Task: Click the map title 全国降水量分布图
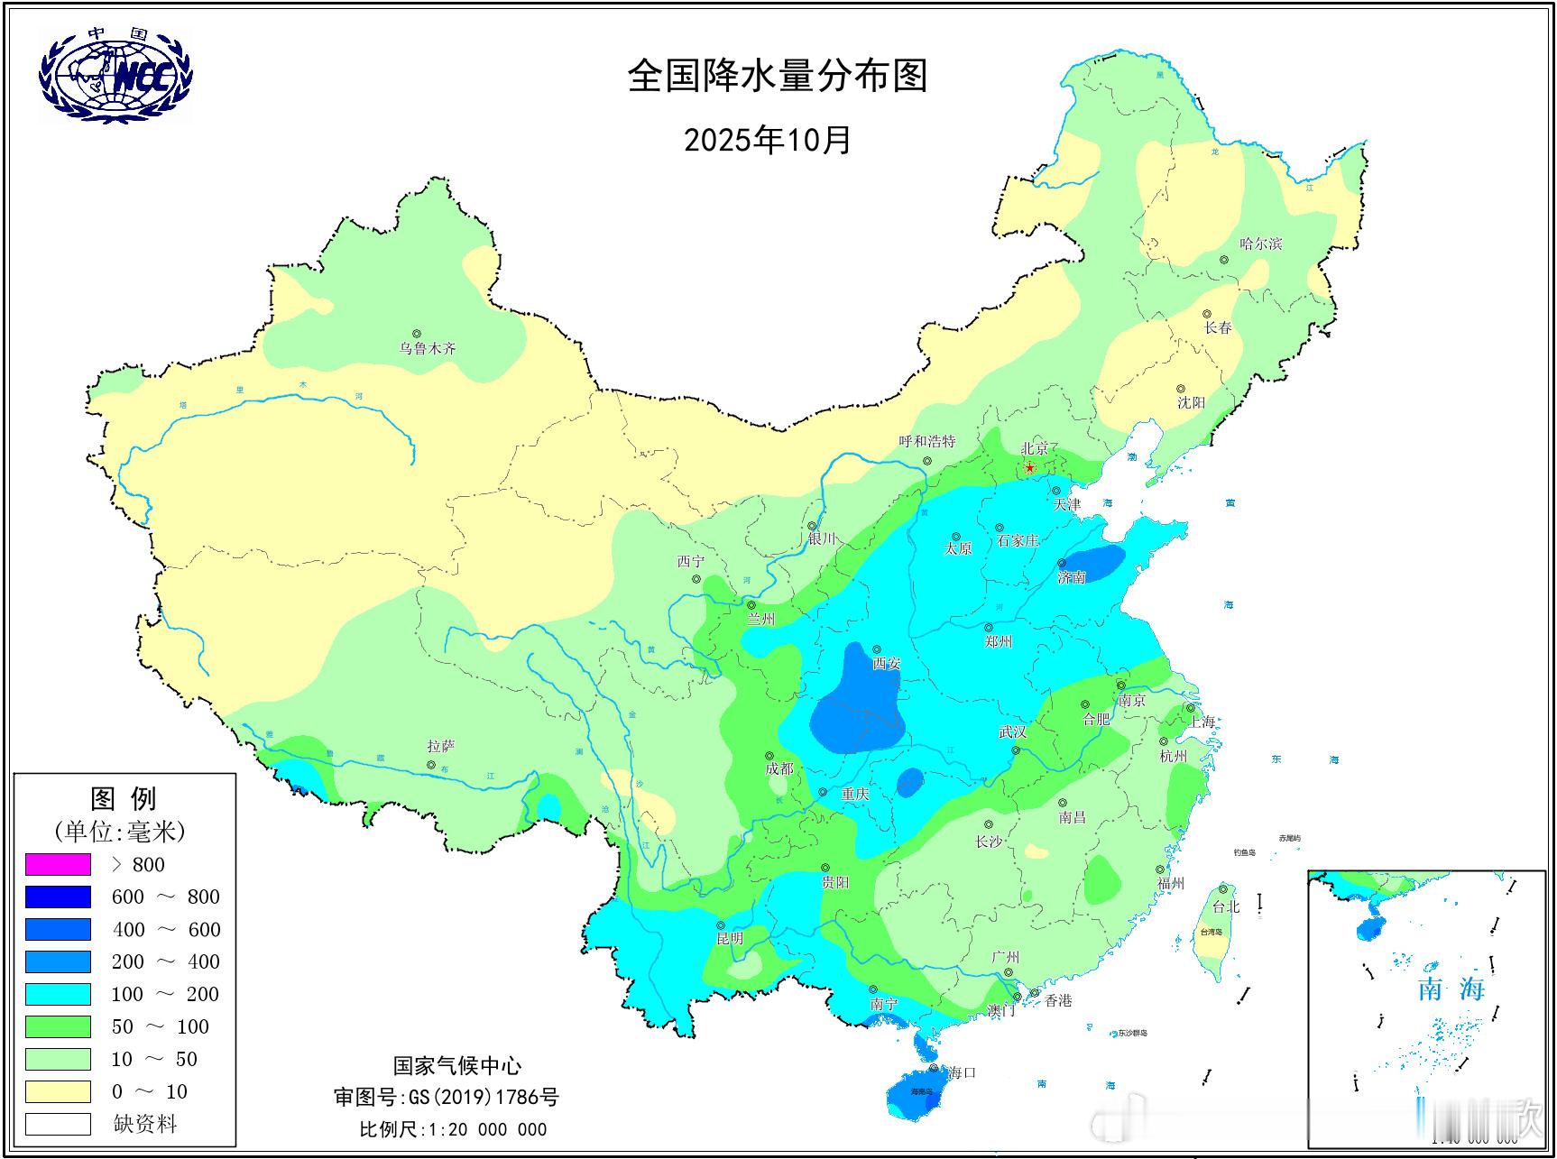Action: (x=777, y=76)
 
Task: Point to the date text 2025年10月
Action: (x=768, y=140)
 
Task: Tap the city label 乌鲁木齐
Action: (x=428, y=348)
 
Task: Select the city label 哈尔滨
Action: (x=1260, y=244)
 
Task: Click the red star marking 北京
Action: (x=1030, y=467)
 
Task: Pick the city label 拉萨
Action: (x=441, y=746)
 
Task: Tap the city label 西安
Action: (x=886, y=663)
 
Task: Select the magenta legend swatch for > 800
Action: (x=59, y=864)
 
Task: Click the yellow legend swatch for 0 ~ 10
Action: (x=59, y=1091)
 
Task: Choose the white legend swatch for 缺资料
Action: (x=59, y=1124)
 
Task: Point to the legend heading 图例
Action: (x=124, y=798)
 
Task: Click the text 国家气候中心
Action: (x=456, y=1066)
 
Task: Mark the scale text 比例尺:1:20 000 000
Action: (x=453, y=1129)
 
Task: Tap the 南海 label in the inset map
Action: (x=1451, y=989)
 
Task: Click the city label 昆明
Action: (x=730, y=938)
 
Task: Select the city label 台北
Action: (x=1226, y=906)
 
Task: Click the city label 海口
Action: (x=962, y=1072)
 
